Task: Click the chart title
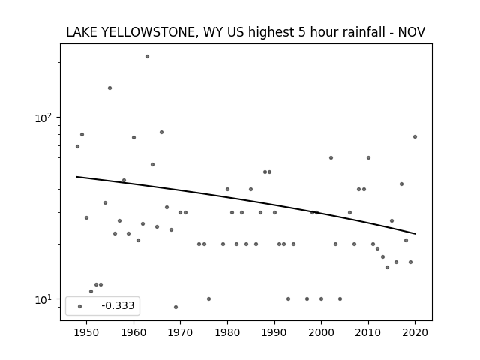point(245,32)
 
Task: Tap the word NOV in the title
point(412,32)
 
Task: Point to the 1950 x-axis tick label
point(87,332)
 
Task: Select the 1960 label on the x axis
point(133,332)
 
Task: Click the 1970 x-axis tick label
point(181,332)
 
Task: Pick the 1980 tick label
point(227,332)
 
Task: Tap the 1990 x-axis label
point(274,332)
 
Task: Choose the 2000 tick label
point(322,332)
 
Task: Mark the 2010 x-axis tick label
point(368,332)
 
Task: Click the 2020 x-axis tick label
point(415,332)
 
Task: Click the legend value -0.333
point(118,305)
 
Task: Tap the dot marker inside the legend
point(80,306)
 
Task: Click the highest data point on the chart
point(147,57)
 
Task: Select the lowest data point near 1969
point(175,307)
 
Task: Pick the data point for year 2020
point(415,136)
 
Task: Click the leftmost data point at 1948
point(77,147)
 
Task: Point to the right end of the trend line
point(415,234)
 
